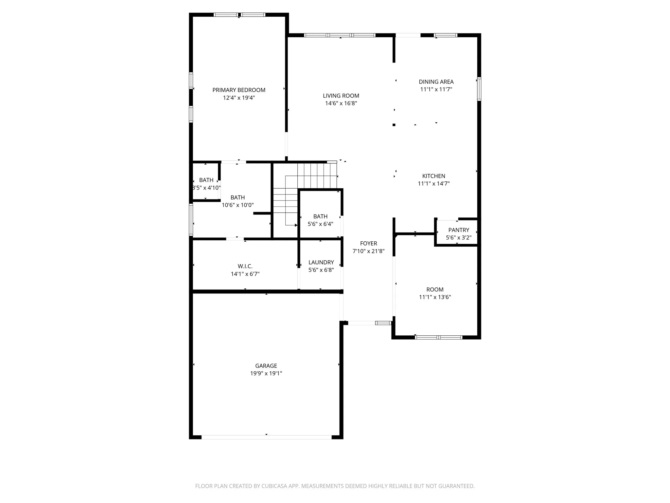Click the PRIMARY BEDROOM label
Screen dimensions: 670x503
point(239,90)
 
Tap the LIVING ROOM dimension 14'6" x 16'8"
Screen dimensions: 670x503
point(341,103)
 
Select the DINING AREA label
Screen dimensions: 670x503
point(436,82)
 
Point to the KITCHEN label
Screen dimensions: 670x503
point(434,176)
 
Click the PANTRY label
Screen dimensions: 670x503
point(459,230)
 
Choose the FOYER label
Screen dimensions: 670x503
point(369,244)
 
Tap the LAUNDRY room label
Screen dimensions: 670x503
point(321,263)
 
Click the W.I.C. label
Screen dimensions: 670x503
point(245,267)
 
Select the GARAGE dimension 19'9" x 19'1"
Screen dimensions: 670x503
point(266,374)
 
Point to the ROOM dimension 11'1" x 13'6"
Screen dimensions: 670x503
point(435,297)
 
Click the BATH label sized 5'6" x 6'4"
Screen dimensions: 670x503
point(320,216)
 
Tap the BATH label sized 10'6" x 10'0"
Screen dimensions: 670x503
point(238,198)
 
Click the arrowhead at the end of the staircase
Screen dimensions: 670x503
point(296,225)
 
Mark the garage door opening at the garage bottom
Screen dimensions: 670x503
point(267,437)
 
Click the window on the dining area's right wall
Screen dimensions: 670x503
point(479,89)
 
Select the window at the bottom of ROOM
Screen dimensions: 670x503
point(438,337)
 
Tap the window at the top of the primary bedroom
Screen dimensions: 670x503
point(239,15)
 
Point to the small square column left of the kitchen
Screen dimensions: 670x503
point(394,125)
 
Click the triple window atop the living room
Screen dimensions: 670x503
point(340,35)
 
